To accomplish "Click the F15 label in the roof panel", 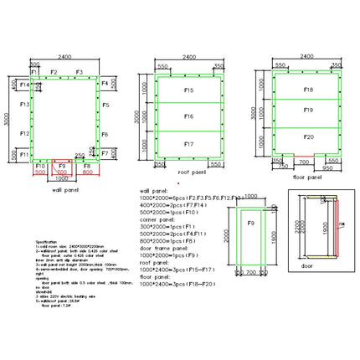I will (x=188, y=89).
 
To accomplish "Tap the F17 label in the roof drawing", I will (x=188, y=143).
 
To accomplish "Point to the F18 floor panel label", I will (x=308, y=89).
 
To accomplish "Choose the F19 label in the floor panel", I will (x=308, y=110).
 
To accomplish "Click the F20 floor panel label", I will (x=308, y=136).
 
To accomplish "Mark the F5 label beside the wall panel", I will (x=106, y=105).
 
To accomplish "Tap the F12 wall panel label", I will (x=25, y=133).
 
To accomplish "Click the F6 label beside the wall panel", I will (x=105, y=134).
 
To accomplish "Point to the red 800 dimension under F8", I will (x=87, y=174).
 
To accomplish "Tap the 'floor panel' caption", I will (x=309, y=177).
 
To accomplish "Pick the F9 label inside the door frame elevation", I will (x=250, y=222).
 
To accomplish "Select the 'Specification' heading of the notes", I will (x=47, y=240).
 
